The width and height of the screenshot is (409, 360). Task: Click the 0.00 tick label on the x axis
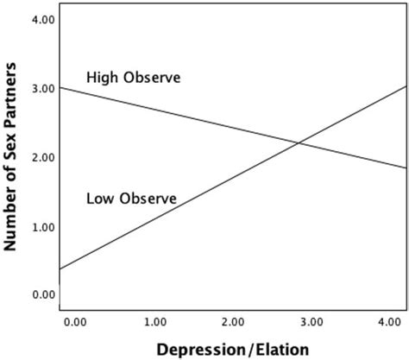75,322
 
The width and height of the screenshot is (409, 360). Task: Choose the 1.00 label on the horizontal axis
154,322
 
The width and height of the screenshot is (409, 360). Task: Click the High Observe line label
133,79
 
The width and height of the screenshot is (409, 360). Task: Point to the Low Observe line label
131,199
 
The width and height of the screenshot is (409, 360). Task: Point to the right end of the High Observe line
406,167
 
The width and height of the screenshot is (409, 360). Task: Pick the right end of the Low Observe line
406,86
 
